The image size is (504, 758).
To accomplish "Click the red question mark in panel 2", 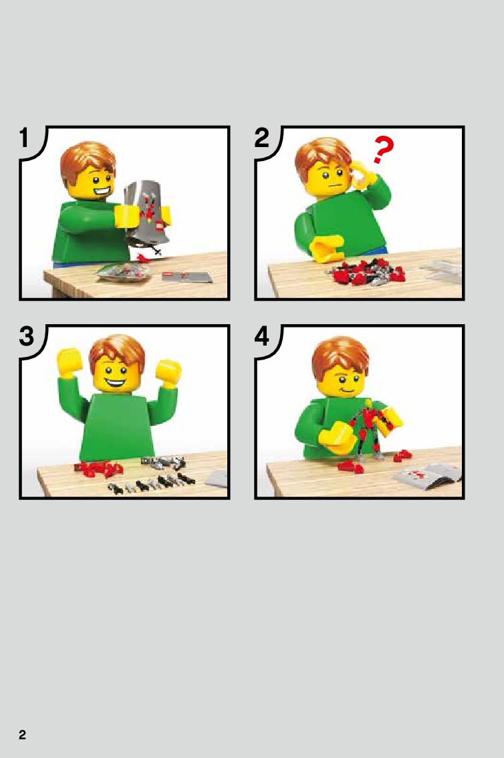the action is (383, 149).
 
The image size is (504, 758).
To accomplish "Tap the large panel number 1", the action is (25, 138).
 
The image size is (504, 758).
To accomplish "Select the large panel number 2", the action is (261, 138).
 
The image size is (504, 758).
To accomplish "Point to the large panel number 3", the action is (27, 336).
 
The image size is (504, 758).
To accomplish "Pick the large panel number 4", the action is (261, 336).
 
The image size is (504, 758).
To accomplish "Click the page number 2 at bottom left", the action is (22, 735).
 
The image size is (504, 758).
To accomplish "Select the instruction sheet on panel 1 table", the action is (186, 277).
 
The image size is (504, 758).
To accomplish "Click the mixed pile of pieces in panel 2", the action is (367, 271).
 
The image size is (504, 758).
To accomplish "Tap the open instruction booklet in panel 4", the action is (428, 475).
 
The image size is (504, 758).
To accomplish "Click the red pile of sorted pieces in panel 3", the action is (98, 469).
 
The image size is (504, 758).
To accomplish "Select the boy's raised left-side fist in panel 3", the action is (70, 362).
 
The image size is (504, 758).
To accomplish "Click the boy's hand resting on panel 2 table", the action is (327, 249).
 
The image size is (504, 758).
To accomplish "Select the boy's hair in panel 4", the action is (340, 356).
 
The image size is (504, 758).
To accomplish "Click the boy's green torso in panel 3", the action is (116, 428).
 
